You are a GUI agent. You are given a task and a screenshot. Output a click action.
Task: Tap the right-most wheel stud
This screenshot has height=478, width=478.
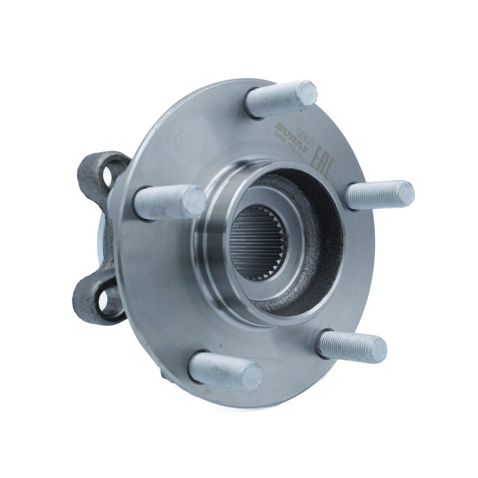[x=379, y=195]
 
